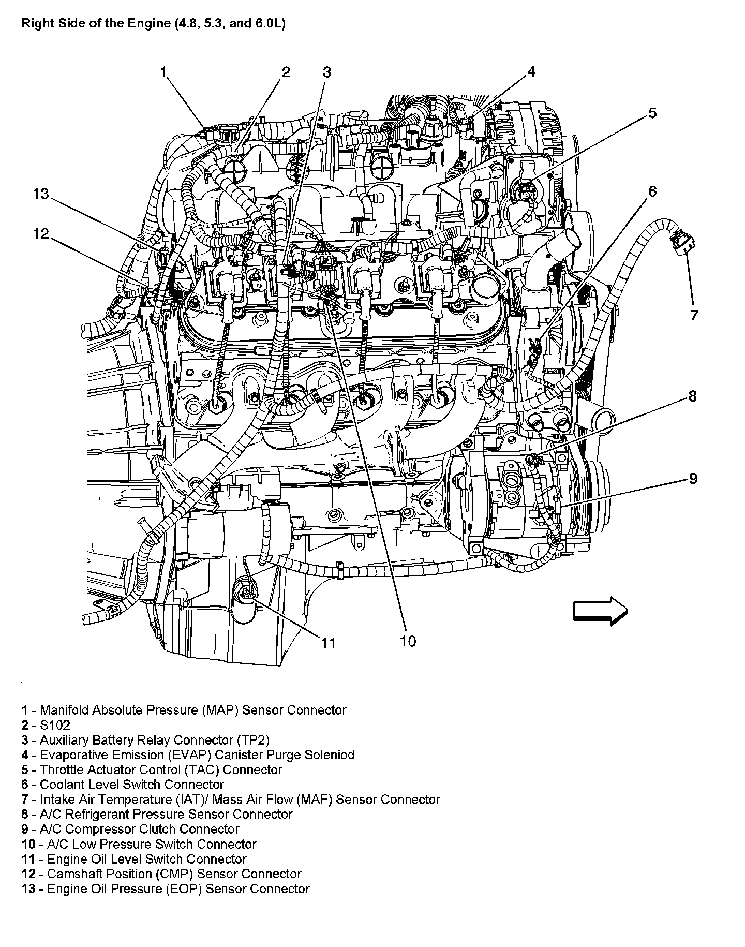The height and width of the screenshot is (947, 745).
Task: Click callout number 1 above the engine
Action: coord(163,72)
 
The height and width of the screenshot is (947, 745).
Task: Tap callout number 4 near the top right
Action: coord(531,72)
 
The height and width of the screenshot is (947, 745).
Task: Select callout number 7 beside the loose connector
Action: coord(694,315)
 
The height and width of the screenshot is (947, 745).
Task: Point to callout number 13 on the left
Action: coord(41,194)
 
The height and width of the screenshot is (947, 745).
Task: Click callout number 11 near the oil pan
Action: coord(329,643)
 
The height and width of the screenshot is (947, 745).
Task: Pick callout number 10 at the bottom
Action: coord(408,641)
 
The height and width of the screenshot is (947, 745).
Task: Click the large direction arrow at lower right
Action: coord(600,611)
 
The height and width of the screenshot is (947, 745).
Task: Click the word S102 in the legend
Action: coord(55,725)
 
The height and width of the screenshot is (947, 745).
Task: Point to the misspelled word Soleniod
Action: coord(329,755)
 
